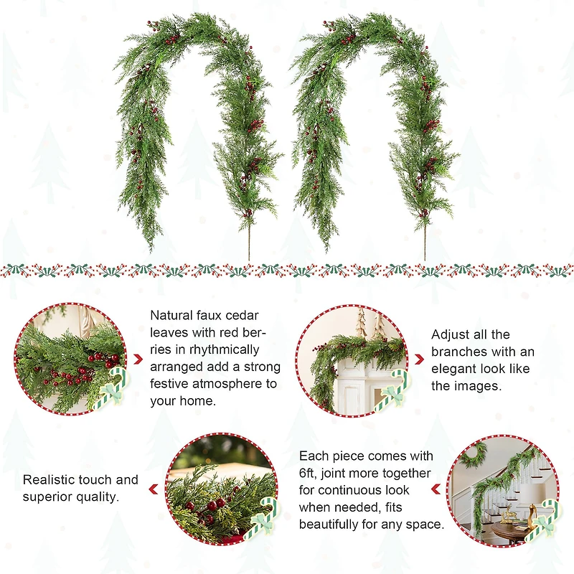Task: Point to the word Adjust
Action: click(451, 334)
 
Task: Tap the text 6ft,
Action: click(309, 473)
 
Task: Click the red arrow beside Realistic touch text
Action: click(153, 489)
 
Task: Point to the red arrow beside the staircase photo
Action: click(436, 489)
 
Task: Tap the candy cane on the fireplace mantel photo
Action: click(390, 392)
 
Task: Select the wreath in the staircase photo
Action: click(473, 454)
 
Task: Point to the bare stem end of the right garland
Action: click(425, 248)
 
